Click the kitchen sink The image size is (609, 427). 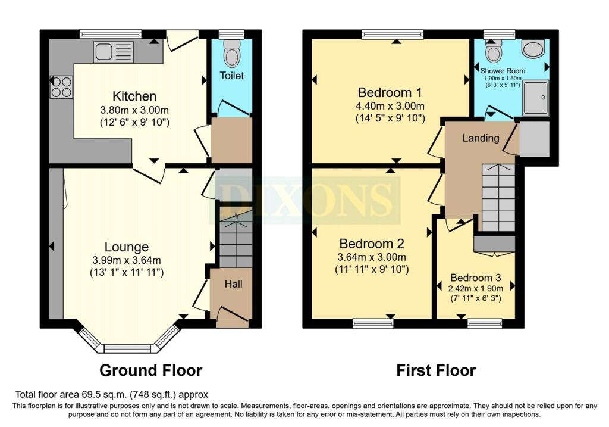(x=114, y=52)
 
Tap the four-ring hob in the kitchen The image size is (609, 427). (x=61, y=86)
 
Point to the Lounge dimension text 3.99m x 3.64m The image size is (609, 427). (x=127, y=260)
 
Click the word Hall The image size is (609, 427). (x=233, y=284)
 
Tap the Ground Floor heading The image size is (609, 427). (x=150, y=370)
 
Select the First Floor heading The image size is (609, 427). (x=436, y=370)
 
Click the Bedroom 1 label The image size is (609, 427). (x=390, y=92)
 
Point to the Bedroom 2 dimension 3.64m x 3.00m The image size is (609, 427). (x=372, y=257)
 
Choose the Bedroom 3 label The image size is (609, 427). (x=475, y=278)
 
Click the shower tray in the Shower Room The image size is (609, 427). (x=536, y=98)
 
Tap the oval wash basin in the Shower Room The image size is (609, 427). (x=533, y=49)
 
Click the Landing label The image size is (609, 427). (x=481, y=138)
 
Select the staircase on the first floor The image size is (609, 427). (x=498, y=198)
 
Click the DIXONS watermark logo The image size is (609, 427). (x=304, y=200)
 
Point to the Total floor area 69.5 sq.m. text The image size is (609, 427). (x=111, y=394)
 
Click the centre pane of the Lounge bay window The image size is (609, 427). (x=127, y=348)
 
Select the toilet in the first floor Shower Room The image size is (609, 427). (x=493, y=52)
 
